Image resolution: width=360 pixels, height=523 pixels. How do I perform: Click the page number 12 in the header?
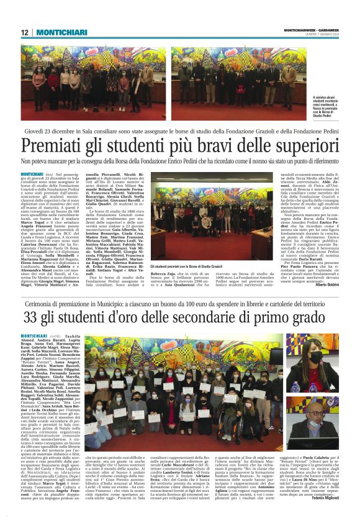coord(24,32)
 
